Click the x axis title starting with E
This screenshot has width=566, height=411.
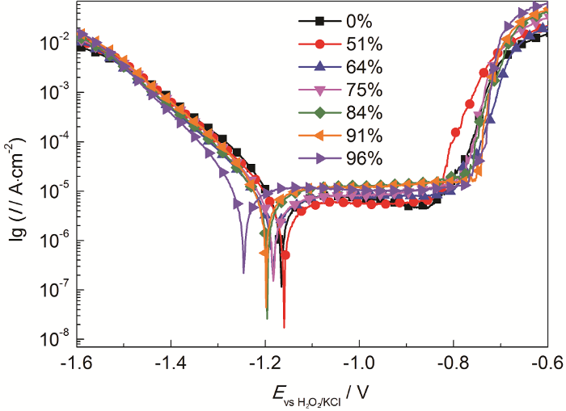point(311,395)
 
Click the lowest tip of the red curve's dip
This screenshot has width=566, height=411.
point(284,327)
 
